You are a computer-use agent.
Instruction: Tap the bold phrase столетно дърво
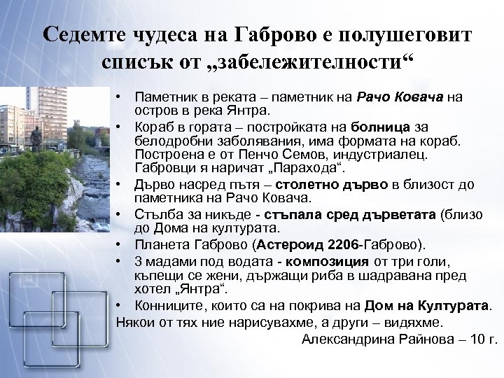[x=317, y=185]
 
